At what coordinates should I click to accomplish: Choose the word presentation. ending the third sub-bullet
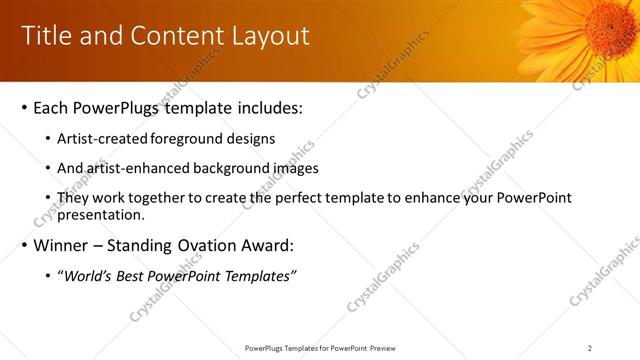click(104, 215)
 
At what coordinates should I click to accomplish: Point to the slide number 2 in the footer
click(590, 348)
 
